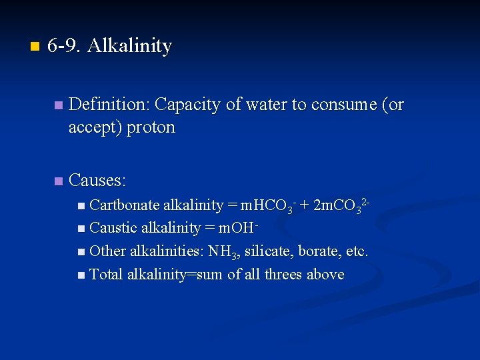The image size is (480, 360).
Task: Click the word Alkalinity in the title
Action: (129, 46)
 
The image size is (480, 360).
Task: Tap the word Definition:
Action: (109, 105)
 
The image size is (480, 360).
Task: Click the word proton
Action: (151, 127)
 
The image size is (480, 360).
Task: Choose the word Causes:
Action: (97, 180)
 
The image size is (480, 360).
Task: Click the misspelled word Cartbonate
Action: (124, 205)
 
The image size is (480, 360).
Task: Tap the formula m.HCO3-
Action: (268, 205)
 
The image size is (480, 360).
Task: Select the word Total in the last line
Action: (106, 275)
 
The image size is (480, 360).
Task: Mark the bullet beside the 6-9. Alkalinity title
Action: (35, 47)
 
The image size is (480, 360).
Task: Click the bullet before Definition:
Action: (59, 105)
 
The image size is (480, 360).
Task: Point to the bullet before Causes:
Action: (59, 181)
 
